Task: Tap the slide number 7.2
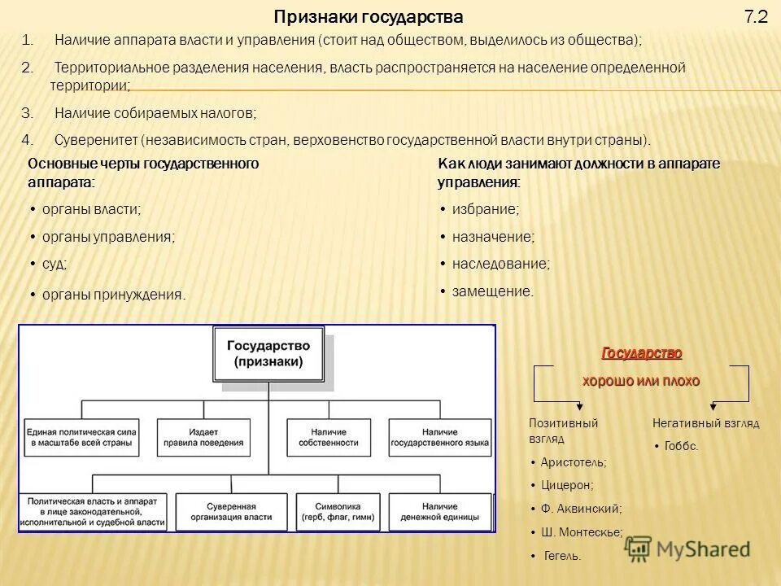coord(756,17)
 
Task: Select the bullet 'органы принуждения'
coord(114,295)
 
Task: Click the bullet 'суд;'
coord(55,264)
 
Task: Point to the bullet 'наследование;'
coord(500,264)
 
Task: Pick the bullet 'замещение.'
coord(492,291)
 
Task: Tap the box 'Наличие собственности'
coord(334,437)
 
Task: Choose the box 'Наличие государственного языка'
coord(439,437)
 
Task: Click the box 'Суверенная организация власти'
coord(232,510)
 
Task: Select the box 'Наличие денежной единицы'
coord(440,510)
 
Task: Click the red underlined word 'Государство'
coord(641,353)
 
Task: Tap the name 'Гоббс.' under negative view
coord(681,446)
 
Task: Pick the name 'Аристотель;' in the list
coord(574,461)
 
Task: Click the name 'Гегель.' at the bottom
coord(562,556)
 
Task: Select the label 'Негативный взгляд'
coord(705,423)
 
